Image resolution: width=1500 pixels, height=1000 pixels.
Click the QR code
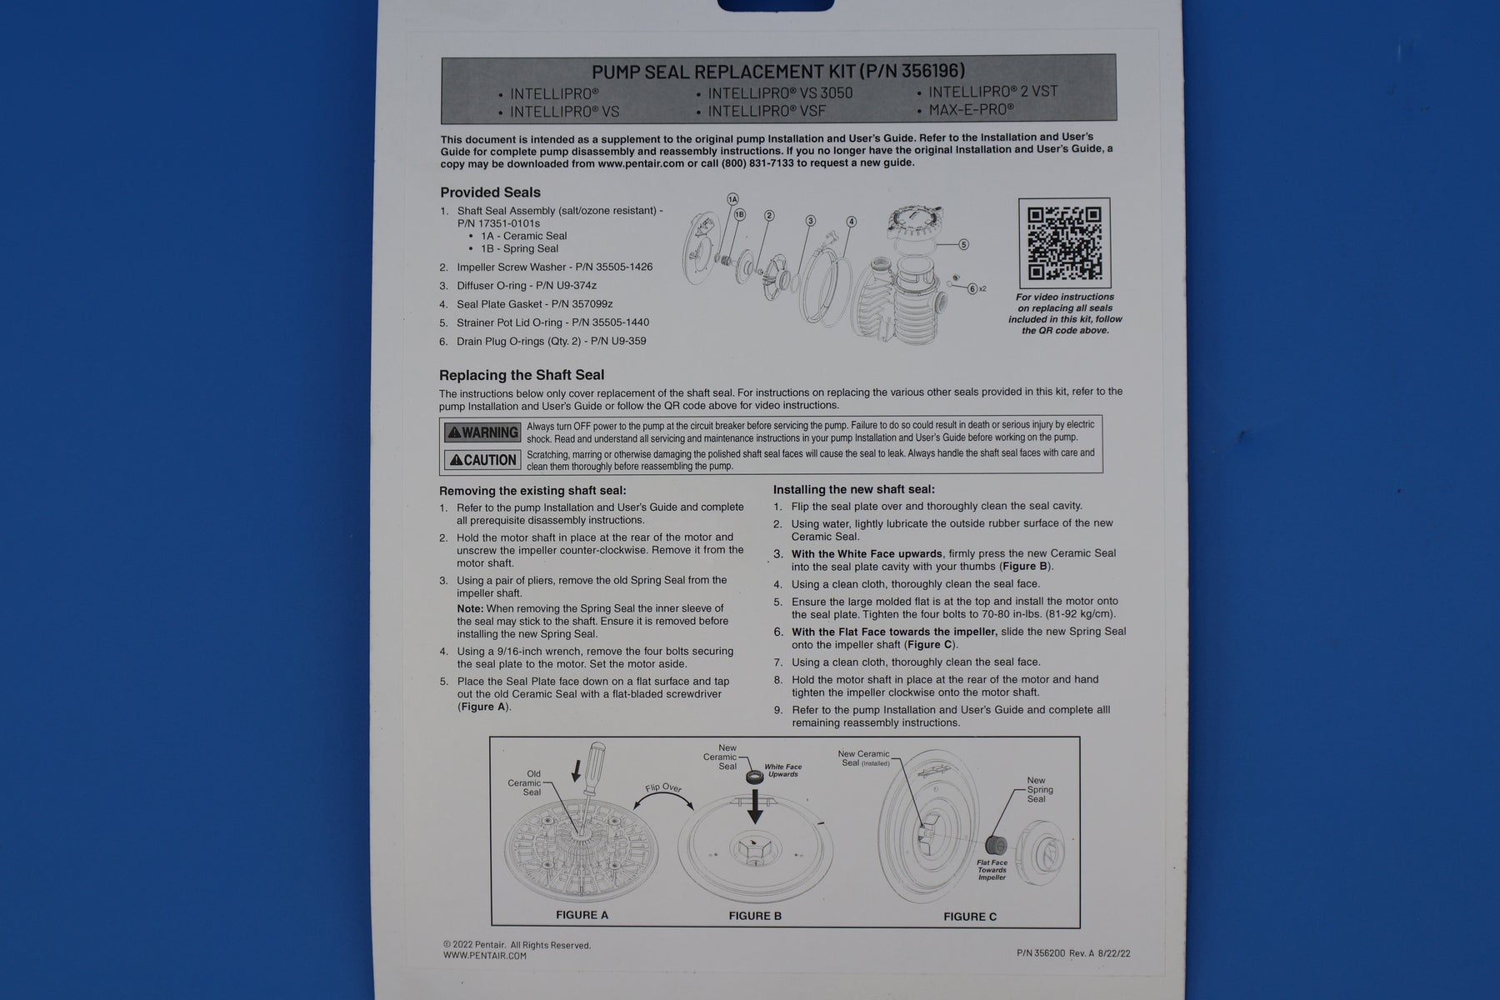(x=1064, y=243)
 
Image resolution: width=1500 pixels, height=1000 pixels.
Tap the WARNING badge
(x=482, y=432)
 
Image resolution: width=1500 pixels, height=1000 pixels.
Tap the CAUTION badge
(x=482, y=460)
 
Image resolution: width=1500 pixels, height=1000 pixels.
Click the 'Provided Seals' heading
(x=490, y=192)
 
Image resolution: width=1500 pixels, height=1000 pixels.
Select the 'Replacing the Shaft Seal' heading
(x=522, y=375)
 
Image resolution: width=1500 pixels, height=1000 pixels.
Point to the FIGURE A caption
(x=582, y=915)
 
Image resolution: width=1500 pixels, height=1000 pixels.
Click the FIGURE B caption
(x=755, y=916)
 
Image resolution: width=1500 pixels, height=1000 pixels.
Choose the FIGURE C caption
(x=970, y=917)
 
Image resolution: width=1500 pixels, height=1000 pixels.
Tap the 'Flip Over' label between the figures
(x=662, y=787)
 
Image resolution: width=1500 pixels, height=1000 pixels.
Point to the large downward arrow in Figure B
(x=754, y=805)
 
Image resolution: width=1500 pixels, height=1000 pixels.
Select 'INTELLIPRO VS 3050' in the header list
(x=780, y=93)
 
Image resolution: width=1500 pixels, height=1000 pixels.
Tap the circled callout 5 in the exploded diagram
(x=963, y=245)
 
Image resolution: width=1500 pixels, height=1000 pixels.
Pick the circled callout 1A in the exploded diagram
(x=732, y=199)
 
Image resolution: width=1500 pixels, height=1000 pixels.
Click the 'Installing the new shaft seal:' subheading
(x=854, y=489)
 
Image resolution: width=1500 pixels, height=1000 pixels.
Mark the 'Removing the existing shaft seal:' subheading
(x=532, y=491)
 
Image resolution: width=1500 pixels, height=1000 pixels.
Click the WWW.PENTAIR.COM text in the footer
(x=485, y=956)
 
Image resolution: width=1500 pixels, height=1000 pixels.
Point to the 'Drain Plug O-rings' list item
(x=551, y=341)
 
